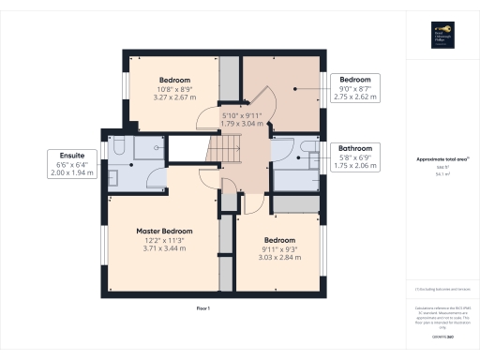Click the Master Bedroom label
pyautogui.click(x=164, y=232)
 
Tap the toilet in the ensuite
pyautogui.click(x=121, y=144)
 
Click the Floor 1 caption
pyautogui.click(x=203, y=308)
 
